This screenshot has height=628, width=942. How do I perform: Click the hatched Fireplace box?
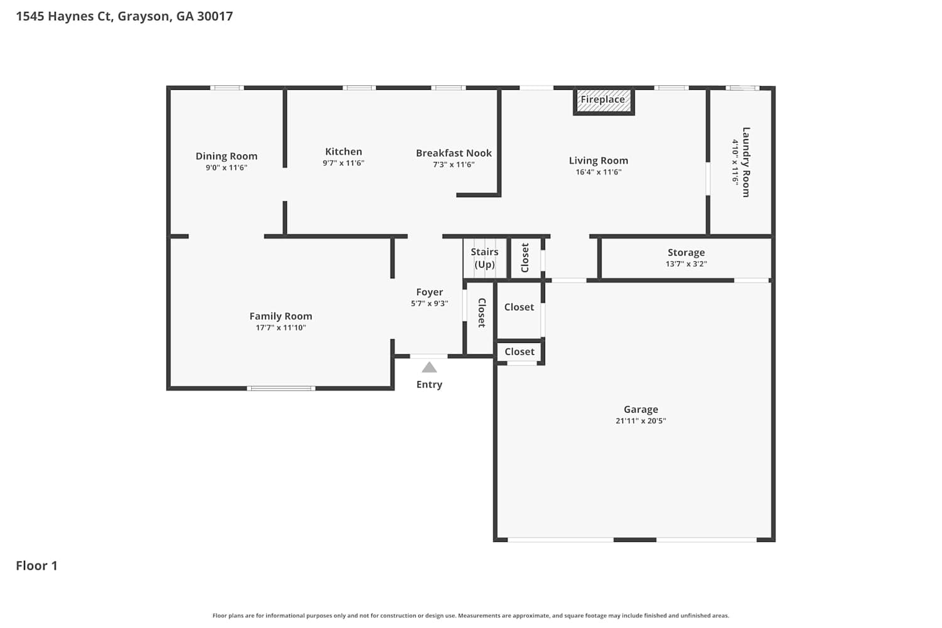point(604,101)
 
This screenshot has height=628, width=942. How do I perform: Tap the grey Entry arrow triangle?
point(429,367)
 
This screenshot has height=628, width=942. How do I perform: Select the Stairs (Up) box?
point(484,258)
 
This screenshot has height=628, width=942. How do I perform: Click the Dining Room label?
point(226,156)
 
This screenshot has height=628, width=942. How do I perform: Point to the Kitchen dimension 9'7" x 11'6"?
point(344,163)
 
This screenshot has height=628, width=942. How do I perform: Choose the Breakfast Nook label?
point(454,153)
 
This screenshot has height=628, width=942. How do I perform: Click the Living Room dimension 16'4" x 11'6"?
point(598,172)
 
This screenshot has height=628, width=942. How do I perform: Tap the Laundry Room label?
point(745,162)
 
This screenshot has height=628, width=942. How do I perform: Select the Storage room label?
point(686,252)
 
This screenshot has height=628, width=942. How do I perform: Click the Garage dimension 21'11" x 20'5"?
point(641,421)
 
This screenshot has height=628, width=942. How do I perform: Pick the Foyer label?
point(430,293)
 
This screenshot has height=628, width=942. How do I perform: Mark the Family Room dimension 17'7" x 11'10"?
point(281,328)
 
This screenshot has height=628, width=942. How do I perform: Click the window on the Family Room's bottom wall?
point(281,388)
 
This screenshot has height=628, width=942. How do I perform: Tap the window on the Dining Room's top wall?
point(227,88)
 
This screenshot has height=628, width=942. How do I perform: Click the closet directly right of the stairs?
point(525,258)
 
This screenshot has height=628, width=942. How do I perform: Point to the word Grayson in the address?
point(144,16)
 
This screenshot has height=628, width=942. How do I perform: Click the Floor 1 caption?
point(36,565)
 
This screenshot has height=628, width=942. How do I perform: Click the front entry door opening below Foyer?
point(428,356)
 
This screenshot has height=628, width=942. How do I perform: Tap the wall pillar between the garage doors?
point(635,539)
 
